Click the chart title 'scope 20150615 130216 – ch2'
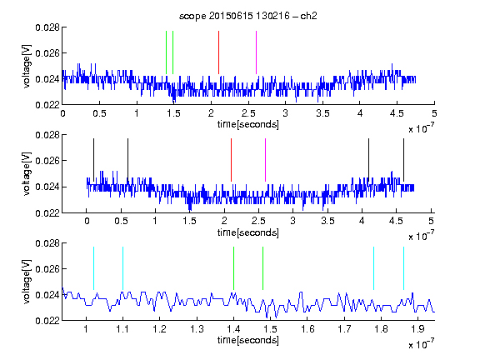click(247, 16)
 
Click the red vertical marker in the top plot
click(218, 52)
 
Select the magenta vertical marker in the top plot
click(256, 52)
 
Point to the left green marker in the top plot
click(166, 52)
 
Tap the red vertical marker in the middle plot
click(231, 160)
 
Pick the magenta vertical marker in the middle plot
click(265, 160)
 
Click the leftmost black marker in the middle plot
click(93, 160)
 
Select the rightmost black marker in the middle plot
click(403, 160)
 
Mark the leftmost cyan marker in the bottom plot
click(93, 268)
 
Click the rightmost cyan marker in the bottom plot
click(403, 268)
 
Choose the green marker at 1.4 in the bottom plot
click(233, 268)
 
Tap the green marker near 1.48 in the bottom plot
click(262, 268)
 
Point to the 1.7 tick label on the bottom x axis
click(344, 329)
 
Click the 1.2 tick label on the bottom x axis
click(160, 329)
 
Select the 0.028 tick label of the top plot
click(47, 27)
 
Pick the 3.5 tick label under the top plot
click(322, 113)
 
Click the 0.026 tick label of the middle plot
click(47, 161)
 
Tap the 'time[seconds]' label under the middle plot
click(248, 232)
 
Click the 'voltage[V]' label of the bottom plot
click(27, 282)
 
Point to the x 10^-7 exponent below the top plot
click(421, 128)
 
